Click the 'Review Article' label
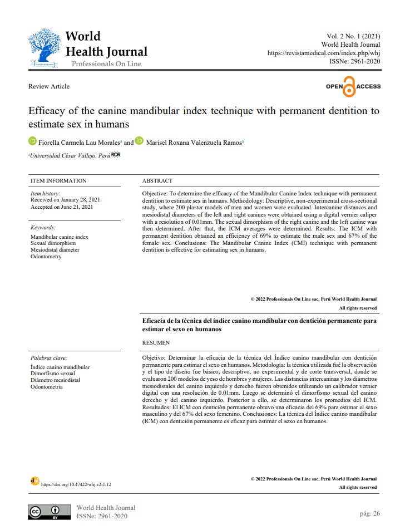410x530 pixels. tap(49, 86)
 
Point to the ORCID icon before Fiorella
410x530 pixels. tap(32, 142)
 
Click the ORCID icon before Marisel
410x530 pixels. tap(139, 142)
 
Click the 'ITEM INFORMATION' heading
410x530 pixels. tap(58, 180)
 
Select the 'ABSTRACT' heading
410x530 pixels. tap(157, 180)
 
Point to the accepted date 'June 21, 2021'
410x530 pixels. tap(77, 207)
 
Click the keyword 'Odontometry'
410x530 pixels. tap(46, 257)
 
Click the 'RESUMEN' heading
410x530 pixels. tap(156, 342)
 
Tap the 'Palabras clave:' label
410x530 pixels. tap(49, 358)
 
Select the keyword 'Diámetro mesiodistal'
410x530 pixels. tap(56, 380)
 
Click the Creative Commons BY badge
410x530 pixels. tap(50, 512)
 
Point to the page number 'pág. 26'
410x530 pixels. tap(369, 513)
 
